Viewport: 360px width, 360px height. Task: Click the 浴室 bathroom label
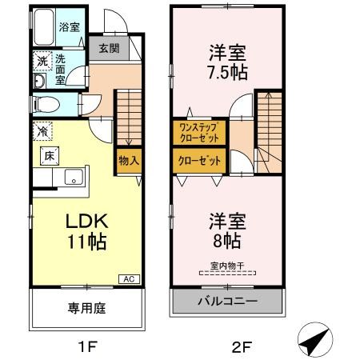coord(69,27)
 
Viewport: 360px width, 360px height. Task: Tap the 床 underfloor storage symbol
coord(46,155)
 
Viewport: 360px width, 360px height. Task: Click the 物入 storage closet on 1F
coord(129,159)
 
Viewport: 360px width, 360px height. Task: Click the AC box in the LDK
coord(128,278)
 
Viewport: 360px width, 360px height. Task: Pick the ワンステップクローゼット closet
coord(199,131)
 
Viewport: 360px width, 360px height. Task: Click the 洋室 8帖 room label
coord(227,229)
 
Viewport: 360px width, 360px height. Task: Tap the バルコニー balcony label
coord(227,302)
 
